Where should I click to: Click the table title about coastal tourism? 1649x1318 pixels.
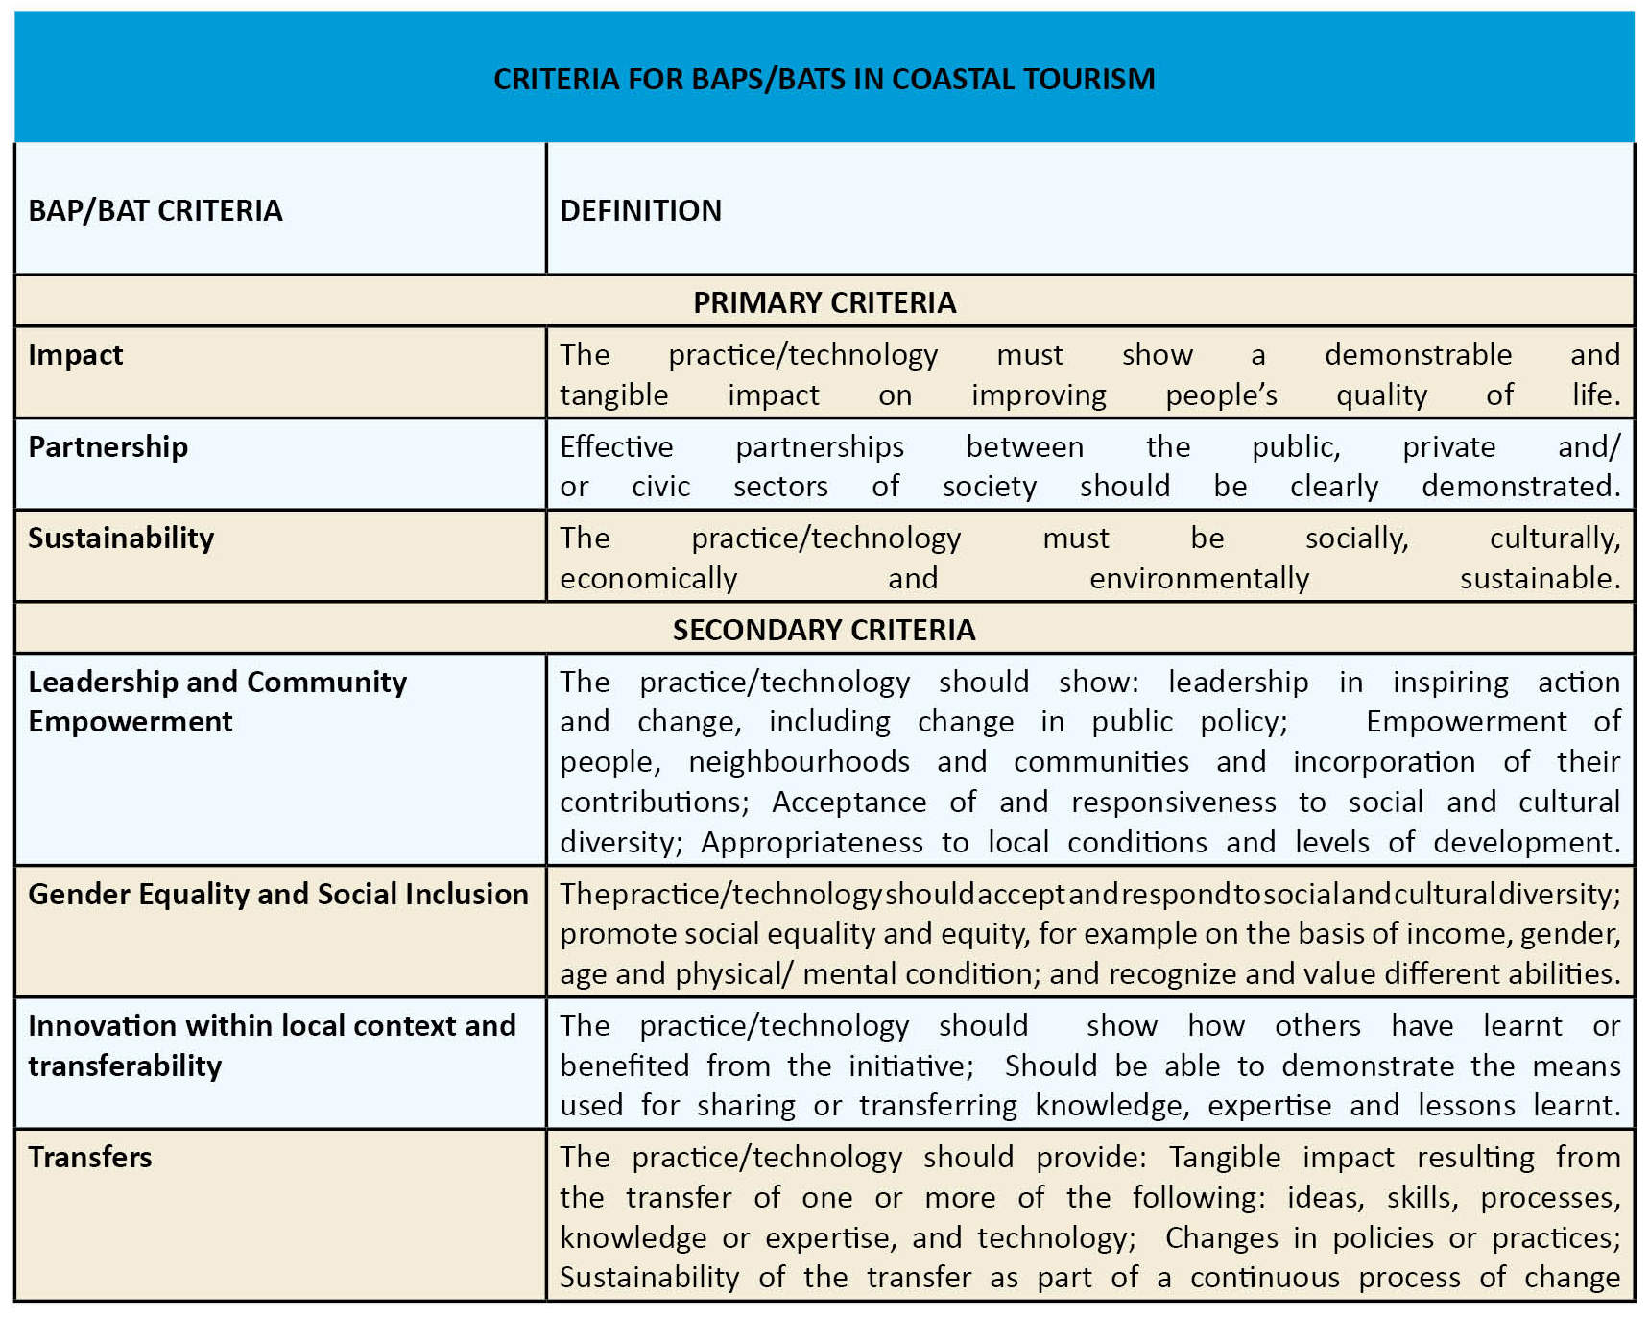[x=824, y=79]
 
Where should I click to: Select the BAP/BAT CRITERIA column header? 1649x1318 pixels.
[x=155, y=210]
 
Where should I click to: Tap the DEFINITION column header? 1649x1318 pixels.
[x=640, y=210]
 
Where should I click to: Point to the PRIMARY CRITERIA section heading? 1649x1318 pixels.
[x=824, y=302]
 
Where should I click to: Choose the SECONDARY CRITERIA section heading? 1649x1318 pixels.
[x=824, y=630]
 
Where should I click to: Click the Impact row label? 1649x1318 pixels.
[x=76, y=355]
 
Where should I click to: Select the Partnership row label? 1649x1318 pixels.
[x=108, y=446]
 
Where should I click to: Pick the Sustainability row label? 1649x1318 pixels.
[x=121, y=538]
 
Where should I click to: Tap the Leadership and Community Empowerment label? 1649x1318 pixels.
[x=217, y=701]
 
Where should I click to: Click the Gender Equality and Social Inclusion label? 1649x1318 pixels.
[x=277, y=894]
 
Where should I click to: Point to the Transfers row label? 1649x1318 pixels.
[x=90, y=1157]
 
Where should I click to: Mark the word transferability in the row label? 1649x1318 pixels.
[x=125, y=1066]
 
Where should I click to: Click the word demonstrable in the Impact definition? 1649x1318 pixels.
[x=1418, y=355]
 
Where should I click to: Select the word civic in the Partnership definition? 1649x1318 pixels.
[x=660, y=487]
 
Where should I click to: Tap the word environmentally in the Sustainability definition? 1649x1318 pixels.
[x=1199, y=579]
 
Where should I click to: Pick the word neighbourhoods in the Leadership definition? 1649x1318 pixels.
[x=799, y=762]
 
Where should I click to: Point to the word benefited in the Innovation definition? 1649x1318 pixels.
[x=624, y=1066]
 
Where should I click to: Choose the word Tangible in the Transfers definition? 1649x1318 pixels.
[x=1224, y=1157]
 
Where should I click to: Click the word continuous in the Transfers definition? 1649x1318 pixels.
[x=1264, y=1278]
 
